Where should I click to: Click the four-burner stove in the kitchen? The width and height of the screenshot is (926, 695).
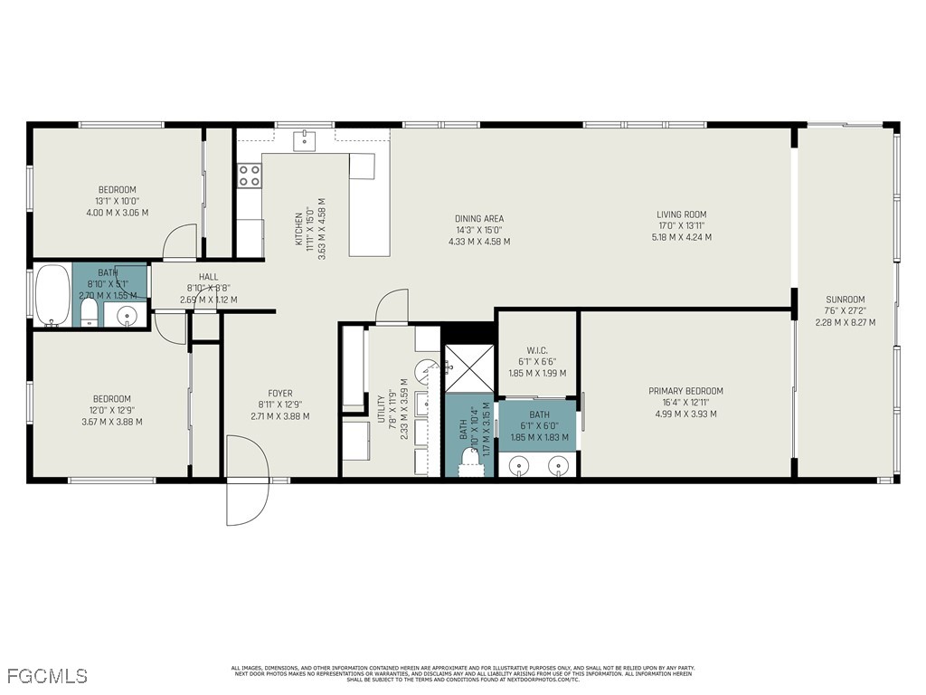[x=250, y=176]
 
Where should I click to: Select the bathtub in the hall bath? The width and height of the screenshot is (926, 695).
[x=52, y=295]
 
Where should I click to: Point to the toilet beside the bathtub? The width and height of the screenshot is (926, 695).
[x=90, y=313]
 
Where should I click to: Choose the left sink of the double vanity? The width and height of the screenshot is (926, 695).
[x=519, y=465]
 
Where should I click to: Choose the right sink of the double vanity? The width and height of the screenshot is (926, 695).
[x=560, y=465]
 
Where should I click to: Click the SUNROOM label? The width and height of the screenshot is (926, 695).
[x=845, y=300]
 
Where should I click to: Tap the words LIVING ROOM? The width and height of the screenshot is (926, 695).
[x=681, y=214]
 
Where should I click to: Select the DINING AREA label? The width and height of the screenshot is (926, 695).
[x=479, y=218]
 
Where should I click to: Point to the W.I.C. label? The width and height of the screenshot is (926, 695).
[x=536, y=350]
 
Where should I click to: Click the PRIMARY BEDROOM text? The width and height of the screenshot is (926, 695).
[x=685, y=391]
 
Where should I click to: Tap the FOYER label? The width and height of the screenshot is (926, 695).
[x=280, y=393]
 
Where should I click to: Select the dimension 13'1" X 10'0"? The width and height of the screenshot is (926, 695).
[x=117, y=201]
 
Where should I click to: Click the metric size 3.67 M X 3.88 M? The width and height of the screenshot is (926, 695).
[x=111, y=422]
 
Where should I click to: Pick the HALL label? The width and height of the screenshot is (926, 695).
[x=208, y=278]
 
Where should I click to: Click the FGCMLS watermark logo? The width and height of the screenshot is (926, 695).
[x=46, y=675]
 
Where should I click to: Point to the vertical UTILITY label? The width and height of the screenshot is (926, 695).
[x=381, y=407]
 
